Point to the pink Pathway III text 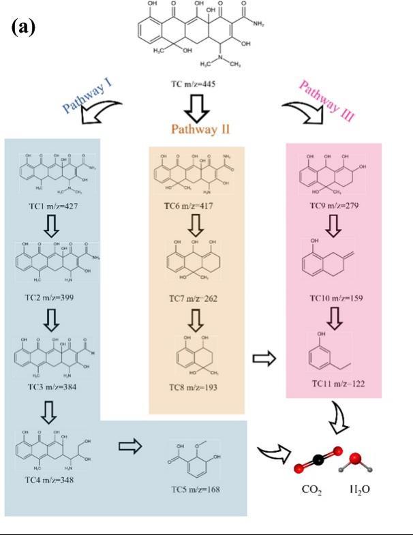326,100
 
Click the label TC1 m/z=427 50,205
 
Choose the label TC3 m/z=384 50,386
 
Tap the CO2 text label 310,490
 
